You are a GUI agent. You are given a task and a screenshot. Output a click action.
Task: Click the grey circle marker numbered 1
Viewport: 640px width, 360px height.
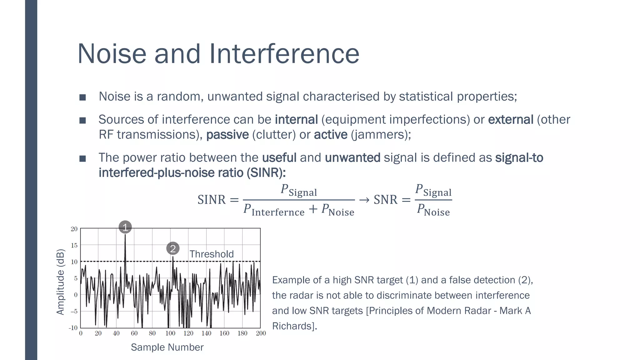125,227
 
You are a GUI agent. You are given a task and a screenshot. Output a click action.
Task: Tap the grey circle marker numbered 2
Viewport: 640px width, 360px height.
173,249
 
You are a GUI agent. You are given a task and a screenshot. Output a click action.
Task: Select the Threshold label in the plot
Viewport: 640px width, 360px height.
212,254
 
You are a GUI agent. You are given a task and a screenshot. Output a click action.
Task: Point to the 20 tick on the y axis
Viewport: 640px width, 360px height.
74,229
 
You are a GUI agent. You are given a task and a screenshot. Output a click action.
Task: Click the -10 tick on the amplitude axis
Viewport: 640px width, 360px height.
73,328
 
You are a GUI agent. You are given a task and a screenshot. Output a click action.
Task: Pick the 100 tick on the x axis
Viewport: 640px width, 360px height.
170,333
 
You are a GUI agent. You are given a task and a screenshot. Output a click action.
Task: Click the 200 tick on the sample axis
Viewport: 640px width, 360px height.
261,333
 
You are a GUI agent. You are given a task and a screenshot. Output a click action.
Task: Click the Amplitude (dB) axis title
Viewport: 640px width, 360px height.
60,282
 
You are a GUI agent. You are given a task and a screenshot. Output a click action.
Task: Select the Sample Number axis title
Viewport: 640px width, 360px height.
167,347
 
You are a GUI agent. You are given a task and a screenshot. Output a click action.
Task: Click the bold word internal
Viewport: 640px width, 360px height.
296,120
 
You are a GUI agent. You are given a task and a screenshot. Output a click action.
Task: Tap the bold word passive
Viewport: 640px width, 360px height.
227,135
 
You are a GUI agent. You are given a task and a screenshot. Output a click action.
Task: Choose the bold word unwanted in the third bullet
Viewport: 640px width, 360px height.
352,157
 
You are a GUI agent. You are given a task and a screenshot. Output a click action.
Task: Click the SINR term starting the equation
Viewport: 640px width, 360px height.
212,200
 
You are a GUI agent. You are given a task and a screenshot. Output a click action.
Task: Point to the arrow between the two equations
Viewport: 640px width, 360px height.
364,200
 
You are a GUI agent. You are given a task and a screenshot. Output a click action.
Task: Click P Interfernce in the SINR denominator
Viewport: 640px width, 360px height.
274,210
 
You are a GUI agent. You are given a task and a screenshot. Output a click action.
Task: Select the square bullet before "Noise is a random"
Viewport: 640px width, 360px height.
82,97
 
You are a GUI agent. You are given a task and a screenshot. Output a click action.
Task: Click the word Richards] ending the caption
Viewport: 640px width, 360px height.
294,326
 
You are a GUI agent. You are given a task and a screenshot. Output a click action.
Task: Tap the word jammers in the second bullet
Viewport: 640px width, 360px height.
379,135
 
